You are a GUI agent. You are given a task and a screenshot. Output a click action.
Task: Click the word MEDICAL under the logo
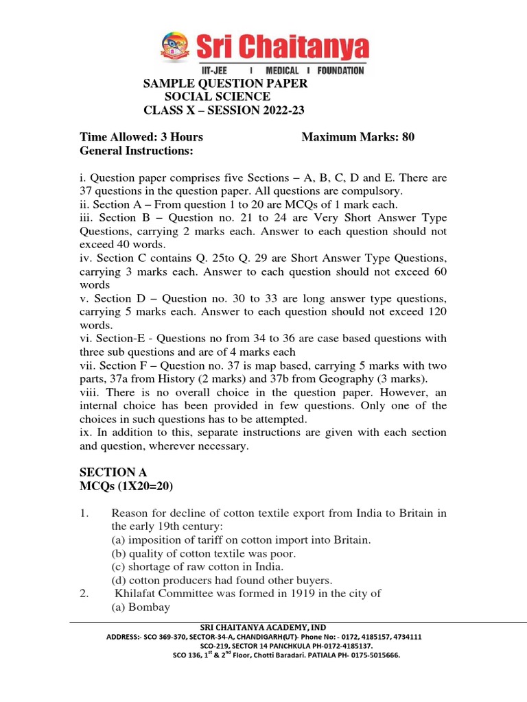tap(281, 71)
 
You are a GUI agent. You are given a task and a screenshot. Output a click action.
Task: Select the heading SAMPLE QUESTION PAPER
tap(224, 84)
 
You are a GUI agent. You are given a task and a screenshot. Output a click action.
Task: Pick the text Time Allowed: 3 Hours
tap(141, 137)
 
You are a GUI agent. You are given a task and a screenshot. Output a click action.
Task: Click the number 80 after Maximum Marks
tap(408, 137)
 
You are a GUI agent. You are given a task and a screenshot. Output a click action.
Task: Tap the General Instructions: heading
tap(137, 150)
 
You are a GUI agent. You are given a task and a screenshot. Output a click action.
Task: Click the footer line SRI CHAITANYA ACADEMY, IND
tap(263, 627)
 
